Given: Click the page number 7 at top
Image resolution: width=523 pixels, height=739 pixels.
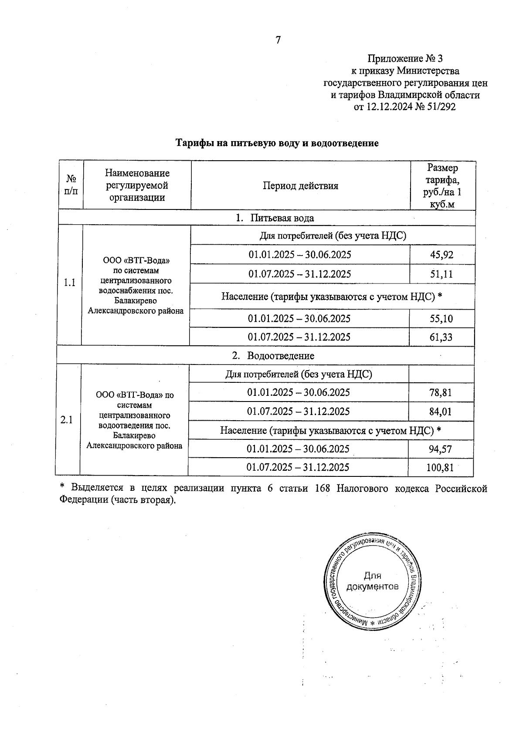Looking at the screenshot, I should [278, 40].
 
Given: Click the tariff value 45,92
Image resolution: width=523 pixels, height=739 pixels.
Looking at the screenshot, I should [441, 255].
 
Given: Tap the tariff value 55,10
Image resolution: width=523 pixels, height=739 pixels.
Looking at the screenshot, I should [441, 319].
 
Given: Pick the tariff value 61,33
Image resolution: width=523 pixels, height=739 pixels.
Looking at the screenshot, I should [441, 337].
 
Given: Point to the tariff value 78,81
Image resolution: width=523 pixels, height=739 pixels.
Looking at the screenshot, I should [440, 393].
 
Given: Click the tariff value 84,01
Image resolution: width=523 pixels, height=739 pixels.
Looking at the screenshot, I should [440, 412].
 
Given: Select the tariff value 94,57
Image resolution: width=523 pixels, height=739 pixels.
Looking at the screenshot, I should [440, 449].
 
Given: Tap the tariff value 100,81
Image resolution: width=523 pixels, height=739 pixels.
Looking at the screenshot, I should [440, 468].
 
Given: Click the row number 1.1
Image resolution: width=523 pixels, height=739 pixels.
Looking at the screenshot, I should [70, 283].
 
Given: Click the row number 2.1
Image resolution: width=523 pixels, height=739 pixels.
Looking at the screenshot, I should [67, 420].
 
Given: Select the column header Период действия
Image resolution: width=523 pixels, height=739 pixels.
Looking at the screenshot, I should [300, 186].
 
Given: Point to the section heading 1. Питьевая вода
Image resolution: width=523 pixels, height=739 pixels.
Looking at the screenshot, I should [275, 218].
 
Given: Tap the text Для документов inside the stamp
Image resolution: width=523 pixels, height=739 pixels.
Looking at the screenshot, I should [372, 581].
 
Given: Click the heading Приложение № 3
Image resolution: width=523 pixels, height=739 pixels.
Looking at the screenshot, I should [405, 58].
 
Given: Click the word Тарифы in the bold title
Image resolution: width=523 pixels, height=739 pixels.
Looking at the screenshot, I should [192, 143].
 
